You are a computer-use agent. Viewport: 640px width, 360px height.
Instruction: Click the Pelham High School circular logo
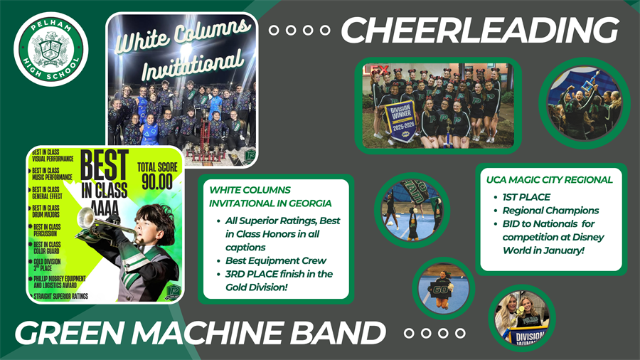pos(50,49)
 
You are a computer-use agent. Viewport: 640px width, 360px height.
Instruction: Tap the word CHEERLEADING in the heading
pos(479,31)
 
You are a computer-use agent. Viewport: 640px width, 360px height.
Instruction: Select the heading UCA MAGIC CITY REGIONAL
pos(550,179)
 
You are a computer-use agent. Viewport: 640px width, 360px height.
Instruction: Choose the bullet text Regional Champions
pos(550,211)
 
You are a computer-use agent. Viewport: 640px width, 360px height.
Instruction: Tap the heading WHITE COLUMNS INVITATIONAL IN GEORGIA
pos(250,196)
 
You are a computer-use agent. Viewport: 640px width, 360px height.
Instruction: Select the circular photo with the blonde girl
pos(521,317)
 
